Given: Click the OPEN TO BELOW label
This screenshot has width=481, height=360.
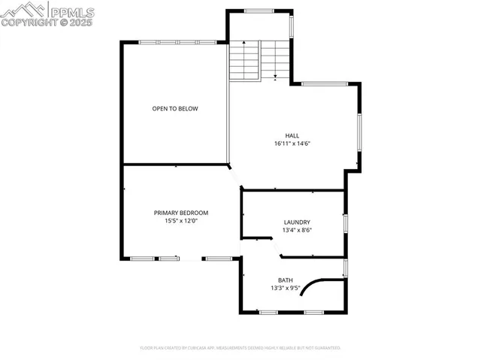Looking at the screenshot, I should click(x=175, y=109).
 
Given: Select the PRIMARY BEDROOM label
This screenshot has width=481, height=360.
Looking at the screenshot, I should click(x=181, y=213).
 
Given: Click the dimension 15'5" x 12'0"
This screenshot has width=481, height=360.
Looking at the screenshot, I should click(x=181, y=221).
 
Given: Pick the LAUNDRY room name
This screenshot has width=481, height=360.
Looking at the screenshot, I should click(x=297, y=222).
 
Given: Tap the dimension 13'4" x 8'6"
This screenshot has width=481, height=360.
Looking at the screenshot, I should click(x=297, y=231).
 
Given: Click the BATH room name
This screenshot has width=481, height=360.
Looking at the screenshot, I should click(x=286, y=280).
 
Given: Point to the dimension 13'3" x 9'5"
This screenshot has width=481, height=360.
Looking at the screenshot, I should click(x=286, y=288).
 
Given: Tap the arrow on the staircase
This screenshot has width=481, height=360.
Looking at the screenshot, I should click(x=276, y=75).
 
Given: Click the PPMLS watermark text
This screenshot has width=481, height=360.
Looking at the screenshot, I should click(x=71, y=11).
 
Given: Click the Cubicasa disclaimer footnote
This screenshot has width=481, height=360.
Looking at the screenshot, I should click(x=240, y=348).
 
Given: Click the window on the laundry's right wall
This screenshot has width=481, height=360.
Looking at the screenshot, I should click(x=345, y=223).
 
